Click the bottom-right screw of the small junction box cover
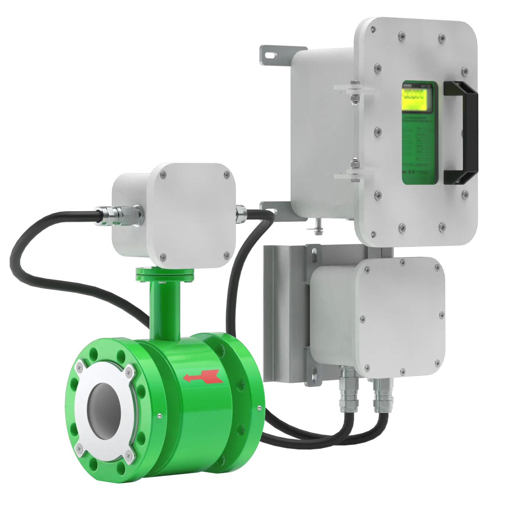coord(226,255)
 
